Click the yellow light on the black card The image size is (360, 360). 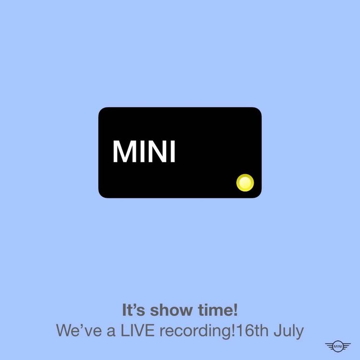pos(245,182)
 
